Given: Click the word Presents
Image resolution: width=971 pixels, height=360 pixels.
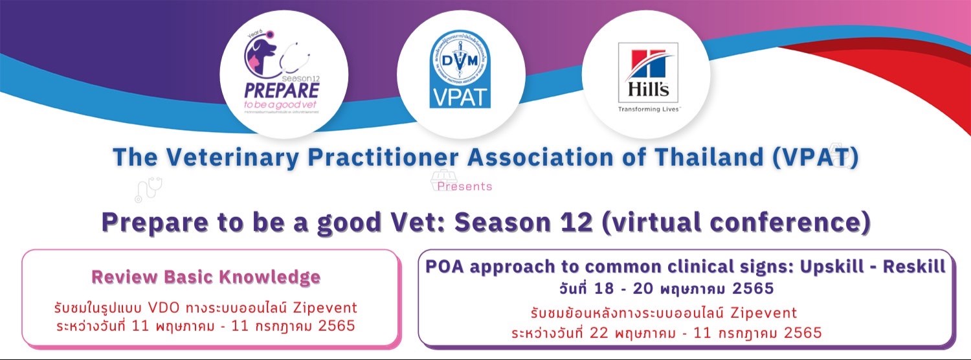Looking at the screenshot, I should pos(465,186).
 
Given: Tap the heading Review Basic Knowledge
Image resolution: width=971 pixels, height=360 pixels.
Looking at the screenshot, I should pos(206,277).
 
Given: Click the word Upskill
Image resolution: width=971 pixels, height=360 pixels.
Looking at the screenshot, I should pos(824,266).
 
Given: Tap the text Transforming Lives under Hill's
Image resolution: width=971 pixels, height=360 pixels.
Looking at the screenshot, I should pos(647,109).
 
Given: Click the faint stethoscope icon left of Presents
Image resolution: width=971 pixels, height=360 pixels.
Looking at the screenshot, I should pos(148,189).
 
